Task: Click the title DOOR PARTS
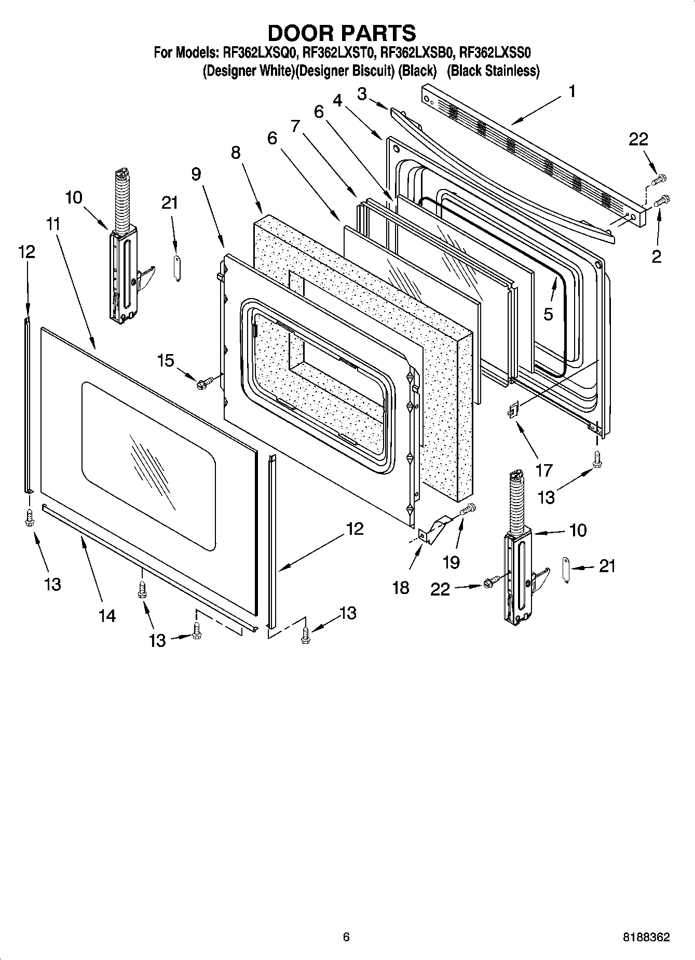(x=342, y=33)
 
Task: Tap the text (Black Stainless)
(x=493, y=71)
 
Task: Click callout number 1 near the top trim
(x=571, y=92)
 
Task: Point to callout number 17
(x=543, y=470)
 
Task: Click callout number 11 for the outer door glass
(x=52, y=224)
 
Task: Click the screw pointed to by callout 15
(x=202, y=384)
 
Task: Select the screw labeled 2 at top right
(x=663, y=200)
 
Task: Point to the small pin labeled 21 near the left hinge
(x=176, y=268)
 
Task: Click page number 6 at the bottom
(x=346, y=937)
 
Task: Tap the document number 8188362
(x=646, y=937)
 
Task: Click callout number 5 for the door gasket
(x=548, y=314)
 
